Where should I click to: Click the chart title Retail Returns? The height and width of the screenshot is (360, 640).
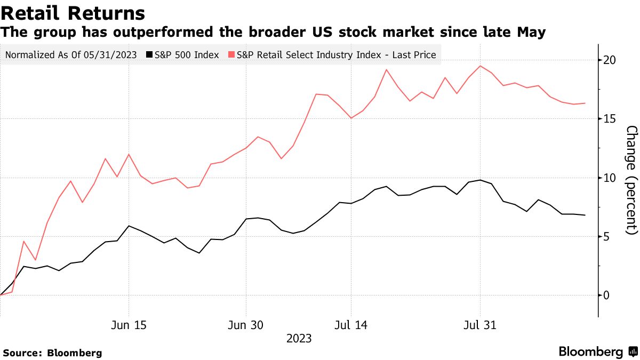point(73,13)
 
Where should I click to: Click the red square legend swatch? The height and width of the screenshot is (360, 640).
point(231,54)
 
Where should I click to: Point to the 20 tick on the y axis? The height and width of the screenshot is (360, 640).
point(610,60)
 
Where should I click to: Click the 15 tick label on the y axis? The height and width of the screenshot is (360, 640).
point(610,119)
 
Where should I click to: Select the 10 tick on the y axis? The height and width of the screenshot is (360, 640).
point(610,178)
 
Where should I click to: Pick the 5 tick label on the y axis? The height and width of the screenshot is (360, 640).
point(606,237)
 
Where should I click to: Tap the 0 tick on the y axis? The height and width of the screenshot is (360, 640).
point(606,295)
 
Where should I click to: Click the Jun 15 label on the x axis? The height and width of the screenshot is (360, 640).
point(129,325)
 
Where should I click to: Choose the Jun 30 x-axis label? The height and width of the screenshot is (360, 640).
point(246,325)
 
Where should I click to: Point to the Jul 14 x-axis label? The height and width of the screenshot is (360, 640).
point(351,325)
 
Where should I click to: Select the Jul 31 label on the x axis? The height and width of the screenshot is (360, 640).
point(480,325)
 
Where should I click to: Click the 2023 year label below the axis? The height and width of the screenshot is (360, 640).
point(299,339)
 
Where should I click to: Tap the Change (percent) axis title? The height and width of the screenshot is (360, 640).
point(631,180)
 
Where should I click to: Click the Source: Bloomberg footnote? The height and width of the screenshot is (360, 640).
point(52,353)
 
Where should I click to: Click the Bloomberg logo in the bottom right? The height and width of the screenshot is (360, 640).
point(597,352)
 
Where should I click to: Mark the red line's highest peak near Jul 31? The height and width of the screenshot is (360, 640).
point(480,66)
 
